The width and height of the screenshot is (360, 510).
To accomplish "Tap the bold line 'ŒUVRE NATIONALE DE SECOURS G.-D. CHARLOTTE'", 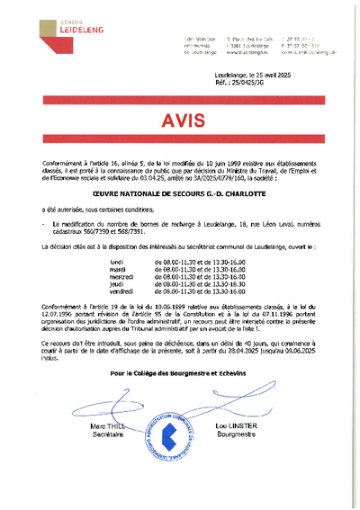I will point(176,191).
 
